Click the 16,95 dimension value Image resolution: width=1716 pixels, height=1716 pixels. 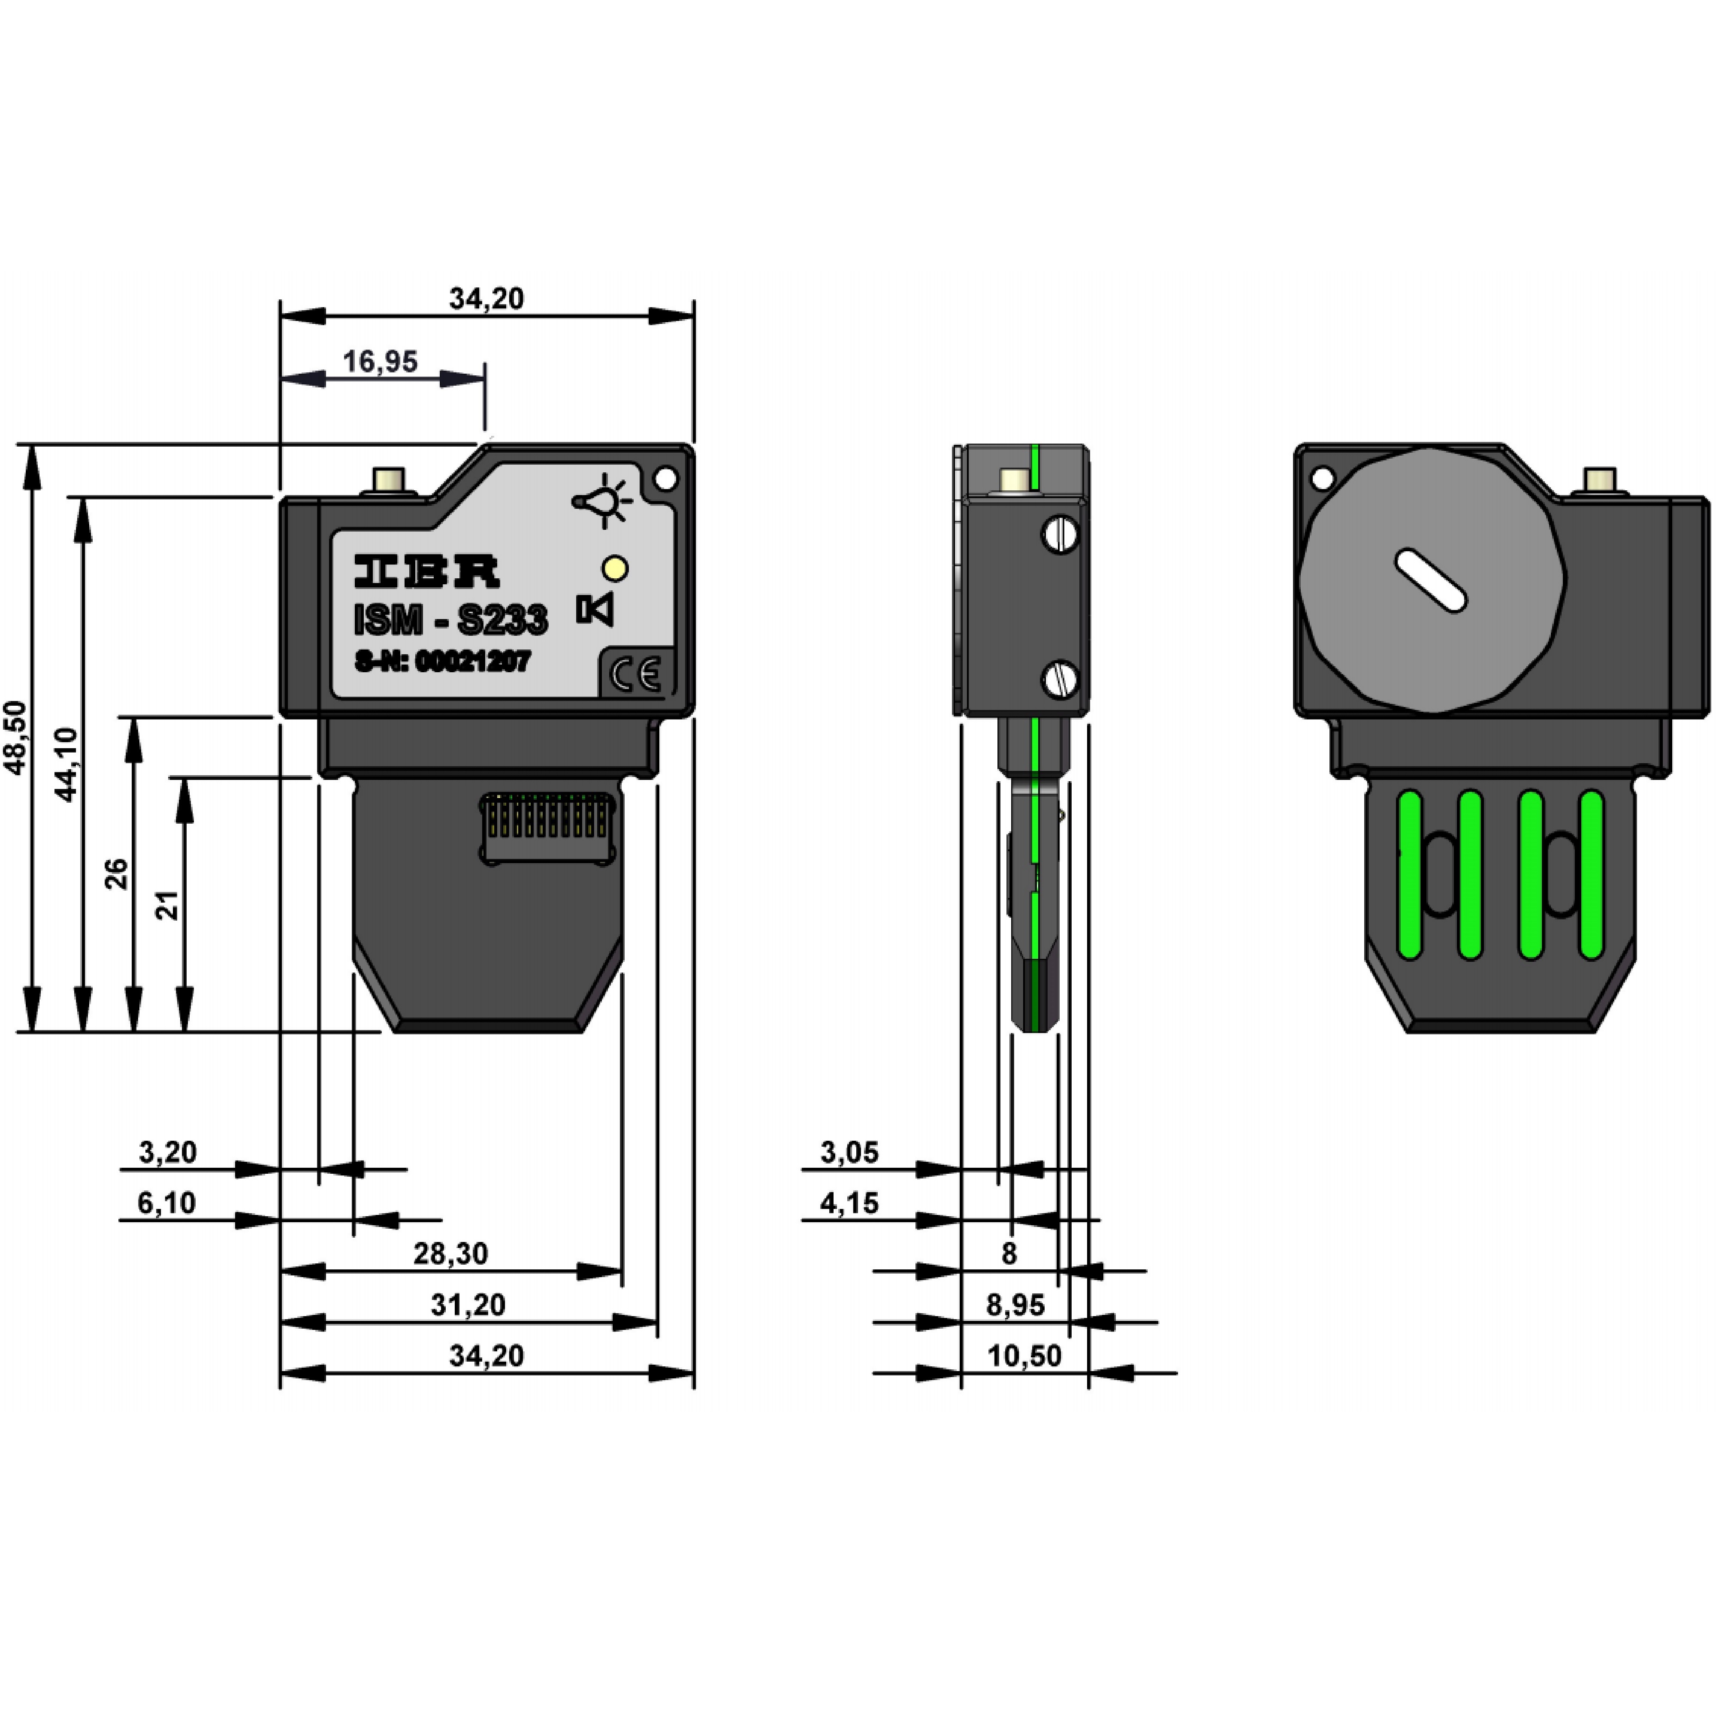pos(380,362)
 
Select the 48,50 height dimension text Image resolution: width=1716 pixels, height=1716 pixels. pos(16,737)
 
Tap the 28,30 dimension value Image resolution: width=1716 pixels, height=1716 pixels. pos(450,1253)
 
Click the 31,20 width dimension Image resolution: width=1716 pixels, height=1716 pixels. pos(468,1305)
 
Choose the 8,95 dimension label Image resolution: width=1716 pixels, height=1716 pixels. pos(1015,1305)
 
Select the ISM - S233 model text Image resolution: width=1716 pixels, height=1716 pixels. pos(450,619)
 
